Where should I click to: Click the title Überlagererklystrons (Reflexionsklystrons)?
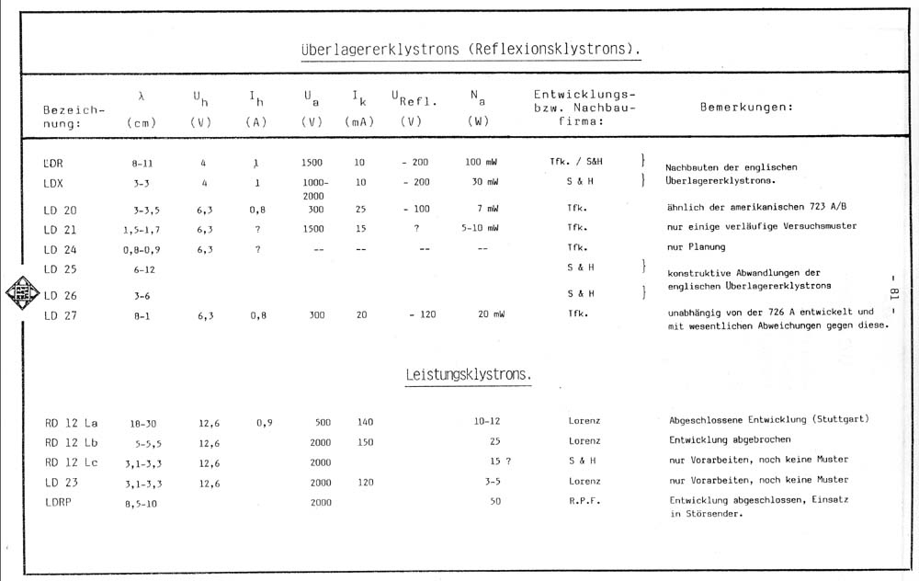point(470,49)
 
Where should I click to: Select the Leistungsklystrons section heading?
point(469,375)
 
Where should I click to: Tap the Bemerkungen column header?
point(746,107)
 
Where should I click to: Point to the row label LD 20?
point(60,210)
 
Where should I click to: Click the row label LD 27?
point(60,315)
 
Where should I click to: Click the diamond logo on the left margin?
point(19,294)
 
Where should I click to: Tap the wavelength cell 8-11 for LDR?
point(142,162)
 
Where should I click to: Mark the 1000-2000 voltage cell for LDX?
point(312,188)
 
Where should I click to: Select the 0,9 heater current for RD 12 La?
point(266,422)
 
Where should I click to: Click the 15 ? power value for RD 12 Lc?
point(499,460)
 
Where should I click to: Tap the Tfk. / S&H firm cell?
point(583,162)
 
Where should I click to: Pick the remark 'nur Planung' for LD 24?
point(696,247)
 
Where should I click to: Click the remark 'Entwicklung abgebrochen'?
point(731,439)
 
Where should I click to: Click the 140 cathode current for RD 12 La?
point(365,422)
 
